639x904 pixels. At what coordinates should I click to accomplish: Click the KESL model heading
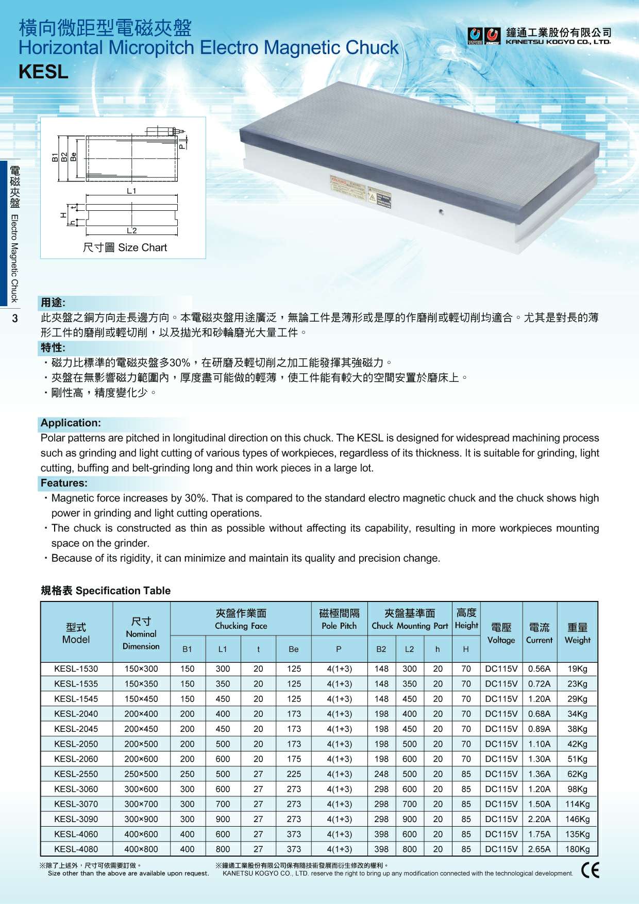click(43, 72)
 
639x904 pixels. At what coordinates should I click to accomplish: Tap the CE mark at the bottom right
click(590, 870)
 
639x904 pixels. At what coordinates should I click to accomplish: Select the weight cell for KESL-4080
click(577, 849)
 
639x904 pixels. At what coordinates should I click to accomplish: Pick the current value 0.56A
click(539, 669)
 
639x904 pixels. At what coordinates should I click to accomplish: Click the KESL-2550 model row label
click(76, 774)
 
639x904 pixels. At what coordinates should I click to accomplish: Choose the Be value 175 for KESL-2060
click(294, 759)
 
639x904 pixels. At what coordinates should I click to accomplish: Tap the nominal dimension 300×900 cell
click(141, 819)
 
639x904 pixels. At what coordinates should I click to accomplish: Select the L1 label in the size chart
click(131, 191)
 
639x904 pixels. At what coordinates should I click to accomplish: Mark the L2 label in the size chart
click(131, 230)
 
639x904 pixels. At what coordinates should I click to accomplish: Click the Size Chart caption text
click(125, 247)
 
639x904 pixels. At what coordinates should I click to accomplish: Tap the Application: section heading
click(71, 423)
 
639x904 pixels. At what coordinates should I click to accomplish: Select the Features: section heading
click(64, 483)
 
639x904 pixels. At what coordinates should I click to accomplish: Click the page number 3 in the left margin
click(15, 319)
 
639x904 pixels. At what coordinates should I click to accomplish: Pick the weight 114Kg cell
click(577, 804)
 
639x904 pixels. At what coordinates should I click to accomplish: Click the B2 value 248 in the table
click(381, 774)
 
